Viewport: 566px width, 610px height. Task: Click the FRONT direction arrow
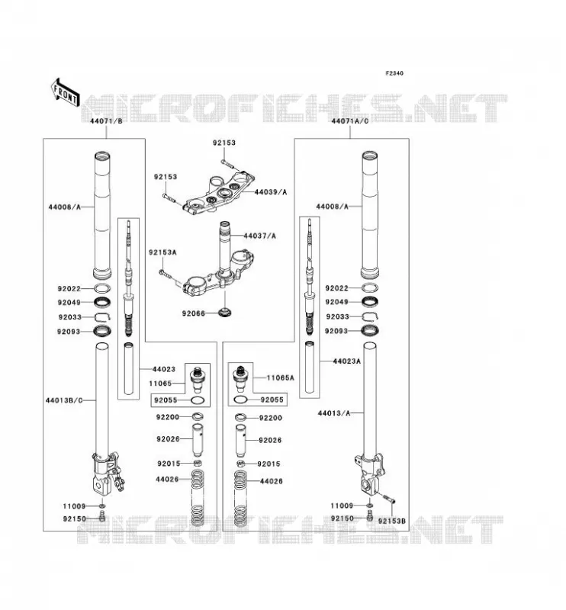pos(66,92)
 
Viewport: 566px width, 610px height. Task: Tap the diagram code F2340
pos(394,73)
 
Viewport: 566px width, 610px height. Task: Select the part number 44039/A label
pos(271,192)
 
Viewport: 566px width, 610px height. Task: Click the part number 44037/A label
pos(259,236)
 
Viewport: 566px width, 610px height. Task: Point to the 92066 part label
pos(194,313)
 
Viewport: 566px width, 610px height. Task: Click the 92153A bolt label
pos(162,252)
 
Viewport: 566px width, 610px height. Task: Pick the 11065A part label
pos(280,377)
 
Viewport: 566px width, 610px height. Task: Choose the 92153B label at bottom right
pos(391,521)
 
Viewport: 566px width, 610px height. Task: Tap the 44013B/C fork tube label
pos(64,400)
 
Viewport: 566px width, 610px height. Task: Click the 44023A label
pos(346,361)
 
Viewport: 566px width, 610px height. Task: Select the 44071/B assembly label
pos(106,121)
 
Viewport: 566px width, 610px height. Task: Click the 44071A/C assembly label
pos(349,121)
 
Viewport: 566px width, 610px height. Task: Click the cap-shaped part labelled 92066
pos(225,312)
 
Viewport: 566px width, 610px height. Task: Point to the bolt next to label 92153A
pos(165,274)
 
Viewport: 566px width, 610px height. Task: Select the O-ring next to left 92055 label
pos(198,400)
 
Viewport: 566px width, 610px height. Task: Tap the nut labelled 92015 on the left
pos(198,463)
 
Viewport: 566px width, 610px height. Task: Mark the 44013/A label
pos(334,413)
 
